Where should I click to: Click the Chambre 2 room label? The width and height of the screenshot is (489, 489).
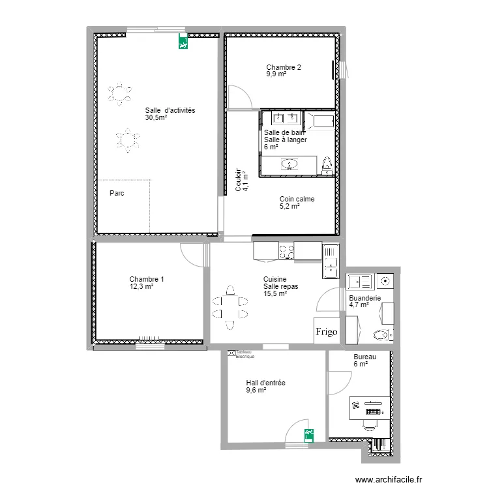(283, 67)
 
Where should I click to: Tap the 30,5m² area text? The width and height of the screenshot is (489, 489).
(156, 118)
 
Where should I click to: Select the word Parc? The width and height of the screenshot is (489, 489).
(117, 193)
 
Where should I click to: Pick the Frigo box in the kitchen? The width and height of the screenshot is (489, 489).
(327, 332)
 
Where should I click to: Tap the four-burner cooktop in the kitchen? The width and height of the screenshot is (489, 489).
(286, 250)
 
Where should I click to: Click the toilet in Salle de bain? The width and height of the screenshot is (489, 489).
(327, 165)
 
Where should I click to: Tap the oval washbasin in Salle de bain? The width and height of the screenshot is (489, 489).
(290, 164)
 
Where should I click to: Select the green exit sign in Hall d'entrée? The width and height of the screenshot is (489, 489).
(308, 433)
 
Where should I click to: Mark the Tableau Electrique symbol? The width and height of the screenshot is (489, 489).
(231, 353)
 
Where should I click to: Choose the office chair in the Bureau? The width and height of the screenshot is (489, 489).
(370, 424)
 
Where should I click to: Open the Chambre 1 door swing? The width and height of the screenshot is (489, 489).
(192, 254)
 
